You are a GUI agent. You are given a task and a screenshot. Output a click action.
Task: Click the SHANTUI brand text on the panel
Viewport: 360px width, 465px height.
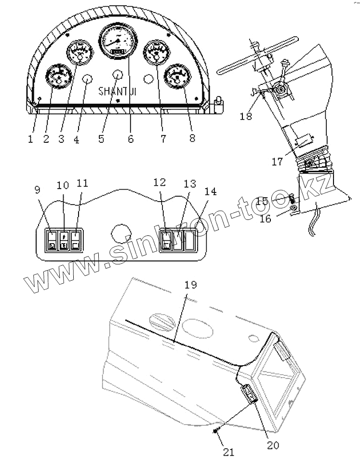(x=118, y=91)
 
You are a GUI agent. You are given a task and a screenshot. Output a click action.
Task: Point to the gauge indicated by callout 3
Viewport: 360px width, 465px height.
(x=79, y=53)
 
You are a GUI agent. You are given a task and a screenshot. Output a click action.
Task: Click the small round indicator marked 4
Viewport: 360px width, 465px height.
(x=87, y=80)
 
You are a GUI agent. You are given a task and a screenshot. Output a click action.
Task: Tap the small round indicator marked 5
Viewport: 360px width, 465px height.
(x=118, y=74)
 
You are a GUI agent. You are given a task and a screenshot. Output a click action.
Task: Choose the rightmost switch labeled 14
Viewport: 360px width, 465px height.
(x=190, y=240)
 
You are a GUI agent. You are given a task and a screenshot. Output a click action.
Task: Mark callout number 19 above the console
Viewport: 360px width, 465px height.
(x=191, y=285)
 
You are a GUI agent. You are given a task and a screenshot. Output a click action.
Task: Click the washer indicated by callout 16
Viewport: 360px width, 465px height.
(x=293, y=208)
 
